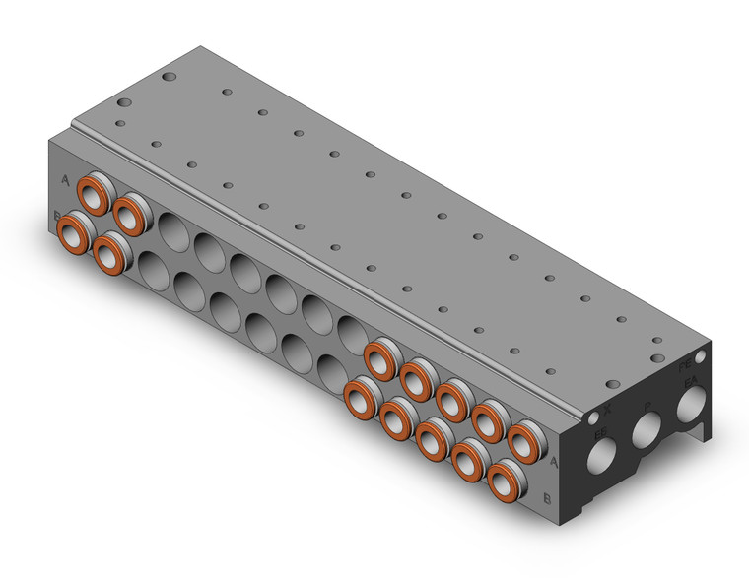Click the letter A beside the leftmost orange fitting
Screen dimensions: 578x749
click(x=65, y=180)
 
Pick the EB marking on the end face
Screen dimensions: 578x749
click(x=597, y=430)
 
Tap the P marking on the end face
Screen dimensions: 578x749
click(x=647, y=405)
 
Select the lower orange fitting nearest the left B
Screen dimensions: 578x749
click(x=75, y=234)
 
